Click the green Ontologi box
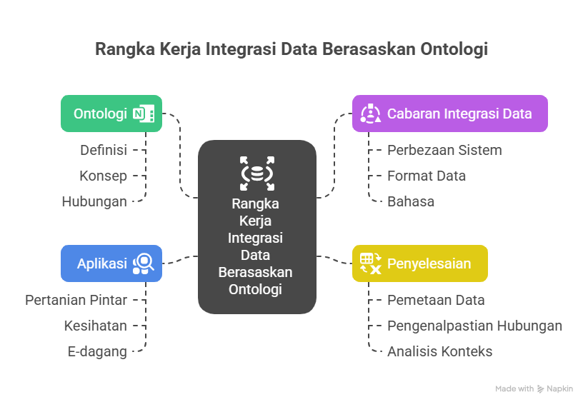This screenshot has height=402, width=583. point(111,114)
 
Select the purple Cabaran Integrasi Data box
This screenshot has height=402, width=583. point(449,114)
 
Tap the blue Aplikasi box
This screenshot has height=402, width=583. point(111,263)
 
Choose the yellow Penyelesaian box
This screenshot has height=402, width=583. point(419,263)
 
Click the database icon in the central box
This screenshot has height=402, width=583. point(256,173)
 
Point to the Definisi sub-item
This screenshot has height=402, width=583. point(104,150)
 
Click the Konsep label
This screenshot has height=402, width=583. point(104,176)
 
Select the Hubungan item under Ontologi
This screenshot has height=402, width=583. point(94,201)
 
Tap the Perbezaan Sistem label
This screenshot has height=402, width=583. point(444,150)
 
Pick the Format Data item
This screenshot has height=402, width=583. point(427,176)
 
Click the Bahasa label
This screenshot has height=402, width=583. point(411,201)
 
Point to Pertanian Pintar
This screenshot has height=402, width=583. point(76,300)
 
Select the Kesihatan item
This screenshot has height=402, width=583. point(95,326)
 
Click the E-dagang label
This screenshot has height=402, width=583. point(97,351)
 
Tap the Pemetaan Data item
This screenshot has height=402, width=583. point(436,300)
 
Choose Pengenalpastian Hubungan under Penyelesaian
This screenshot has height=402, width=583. point(474,326)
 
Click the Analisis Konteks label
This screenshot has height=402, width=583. point(439,351)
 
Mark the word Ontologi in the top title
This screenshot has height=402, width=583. point(455,50)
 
